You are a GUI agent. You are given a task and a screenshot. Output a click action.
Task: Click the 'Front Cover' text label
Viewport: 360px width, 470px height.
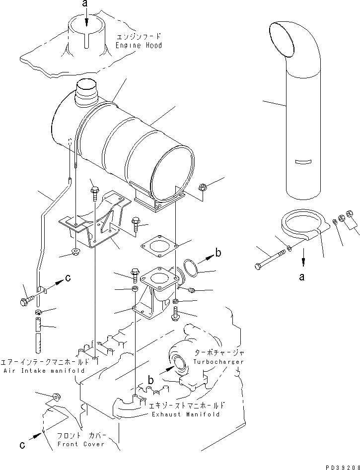pyautogui.click(x=80, y=444)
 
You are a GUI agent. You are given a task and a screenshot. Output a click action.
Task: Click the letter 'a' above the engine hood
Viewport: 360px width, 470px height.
pyautogui.click(x=85, y=4)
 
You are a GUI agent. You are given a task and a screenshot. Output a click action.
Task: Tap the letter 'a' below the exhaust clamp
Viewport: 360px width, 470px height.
pyautogui.click(x=301, y=277)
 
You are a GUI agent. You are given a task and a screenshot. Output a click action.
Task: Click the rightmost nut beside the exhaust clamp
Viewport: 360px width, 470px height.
pyautogui.click(x=349, y=214)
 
